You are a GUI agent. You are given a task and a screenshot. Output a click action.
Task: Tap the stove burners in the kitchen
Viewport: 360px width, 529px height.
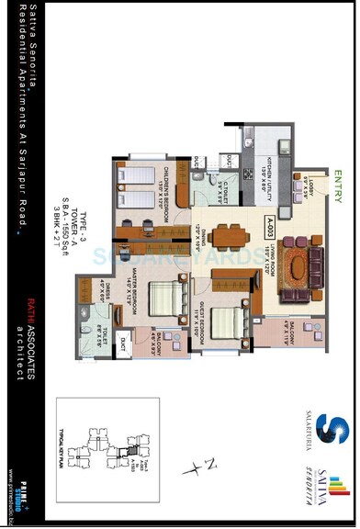(247, 170)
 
